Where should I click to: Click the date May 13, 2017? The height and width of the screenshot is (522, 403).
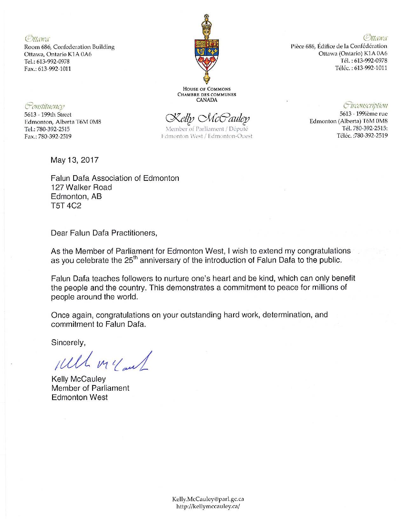point(75,160)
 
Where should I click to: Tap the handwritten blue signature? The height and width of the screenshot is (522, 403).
point(95,361)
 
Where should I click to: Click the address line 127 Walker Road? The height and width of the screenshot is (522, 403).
point(81,187)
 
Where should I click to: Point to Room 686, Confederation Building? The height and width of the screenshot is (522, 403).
point(70,47)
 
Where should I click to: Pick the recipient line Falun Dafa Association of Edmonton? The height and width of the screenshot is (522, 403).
point(115,178)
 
